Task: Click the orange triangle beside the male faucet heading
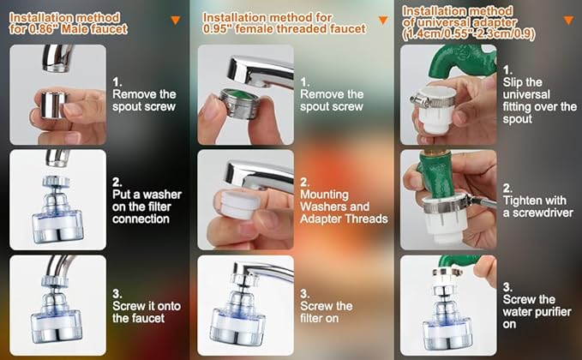point(176,20)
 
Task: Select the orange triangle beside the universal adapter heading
point(568,20)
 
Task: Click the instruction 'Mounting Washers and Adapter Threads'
point(344,207)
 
